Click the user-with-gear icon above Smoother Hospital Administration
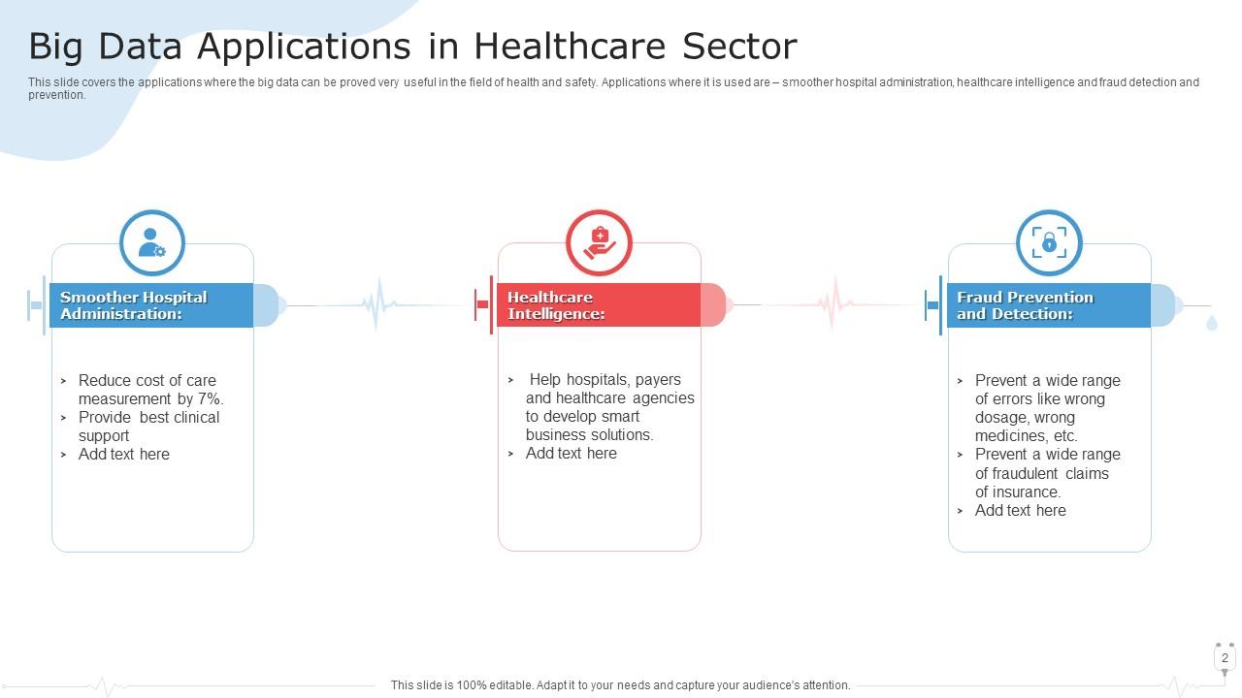[x=152, y=242]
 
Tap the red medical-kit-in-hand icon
[x=600, y=242]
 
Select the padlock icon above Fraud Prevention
[x=1049, y=242]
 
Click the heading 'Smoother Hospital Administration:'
[x=134, y=305]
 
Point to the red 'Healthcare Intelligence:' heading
[x=556, y=305]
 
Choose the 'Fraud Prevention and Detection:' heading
[x=1025, y=305]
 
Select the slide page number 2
[x=1225, y=658]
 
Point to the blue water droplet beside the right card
[x=1212, y=323]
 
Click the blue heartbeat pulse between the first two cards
[x=376, y=304]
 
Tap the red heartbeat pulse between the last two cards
[x=833, y=302]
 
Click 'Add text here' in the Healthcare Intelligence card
[x=572, y=454]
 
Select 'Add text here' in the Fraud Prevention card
[x=1021, y=511]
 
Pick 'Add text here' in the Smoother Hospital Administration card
[x=124, y=455]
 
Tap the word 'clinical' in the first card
[x=197, y=418]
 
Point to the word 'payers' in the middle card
[x=658, y=380]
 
